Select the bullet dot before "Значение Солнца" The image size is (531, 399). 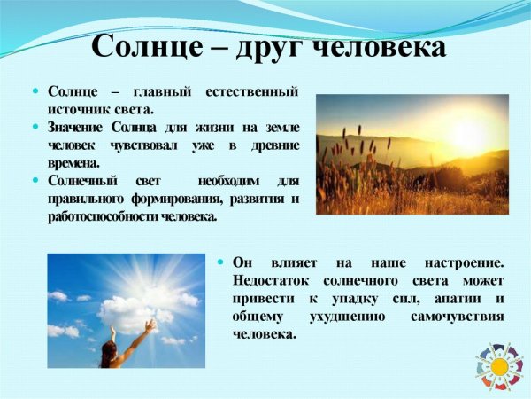(x=36, y=127)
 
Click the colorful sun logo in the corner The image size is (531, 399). (x=499, y=366)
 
